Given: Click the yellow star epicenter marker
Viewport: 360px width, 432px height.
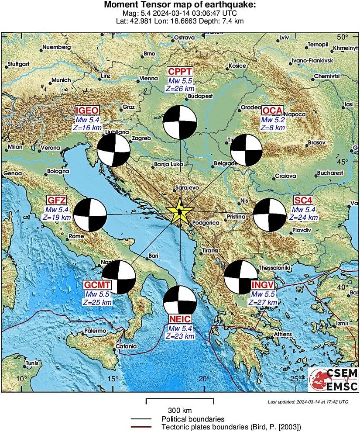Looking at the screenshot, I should (179, 212).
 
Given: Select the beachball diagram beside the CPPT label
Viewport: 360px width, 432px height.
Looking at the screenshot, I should (179, 122).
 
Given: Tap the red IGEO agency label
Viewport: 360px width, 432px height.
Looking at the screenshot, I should (87, 110).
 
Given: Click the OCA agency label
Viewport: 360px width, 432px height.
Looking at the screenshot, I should (273, 110).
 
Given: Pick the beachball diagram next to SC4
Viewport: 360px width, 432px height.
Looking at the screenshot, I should (269, 214).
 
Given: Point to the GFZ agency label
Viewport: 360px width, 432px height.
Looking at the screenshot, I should (57, 200).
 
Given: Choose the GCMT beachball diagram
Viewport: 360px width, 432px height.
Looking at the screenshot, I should (119, 277).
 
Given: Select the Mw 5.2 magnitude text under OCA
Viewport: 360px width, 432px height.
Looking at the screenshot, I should (273, 119).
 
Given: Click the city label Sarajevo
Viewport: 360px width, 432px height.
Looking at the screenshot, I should (187, 187).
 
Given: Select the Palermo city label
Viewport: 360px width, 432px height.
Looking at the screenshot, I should (95, 331).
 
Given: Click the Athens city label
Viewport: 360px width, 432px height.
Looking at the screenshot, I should (282, 335).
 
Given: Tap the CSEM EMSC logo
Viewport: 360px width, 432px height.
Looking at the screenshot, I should (333, 379).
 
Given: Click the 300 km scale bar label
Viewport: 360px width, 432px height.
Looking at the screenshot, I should (180, 411).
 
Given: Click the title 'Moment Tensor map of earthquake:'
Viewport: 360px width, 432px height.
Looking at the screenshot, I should (180, 5).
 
